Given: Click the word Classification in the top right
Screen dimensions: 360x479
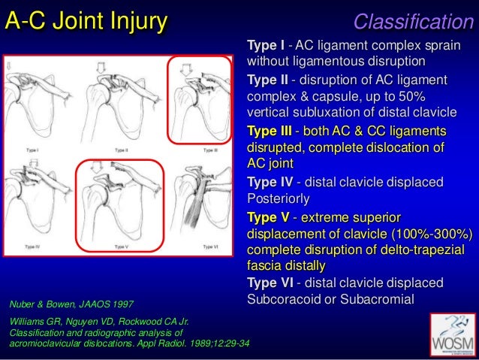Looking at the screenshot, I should pyautogui.click(x=414, y=22).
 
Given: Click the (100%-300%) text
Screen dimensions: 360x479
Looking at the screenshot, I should pyautogui.click(x=428, y=233).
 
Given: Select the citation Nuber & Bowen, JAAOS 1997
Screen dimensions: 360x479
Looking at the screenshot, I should pyautogui.click(x=71, y=304).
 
